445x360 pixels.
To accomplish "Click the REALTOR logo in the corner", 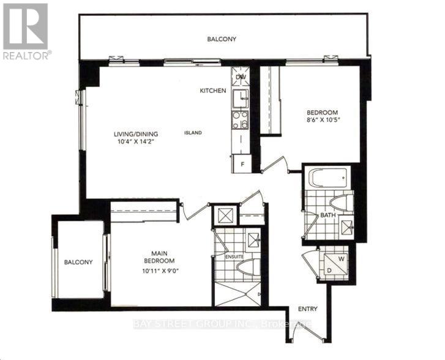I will point(26,31).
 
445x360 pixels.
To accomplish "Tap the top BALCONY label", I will point(221,39).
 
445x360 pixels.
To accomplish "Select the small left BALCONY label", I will point(78,262).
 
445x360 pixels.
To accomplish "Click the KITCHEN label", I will point(213,91).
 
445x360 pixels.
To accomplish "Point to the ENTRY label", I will point(308,309).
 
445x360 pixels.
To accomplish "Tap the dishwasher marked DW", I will point(241,77).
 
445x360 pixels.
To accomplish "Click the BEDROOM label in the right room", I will point(322,112).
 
